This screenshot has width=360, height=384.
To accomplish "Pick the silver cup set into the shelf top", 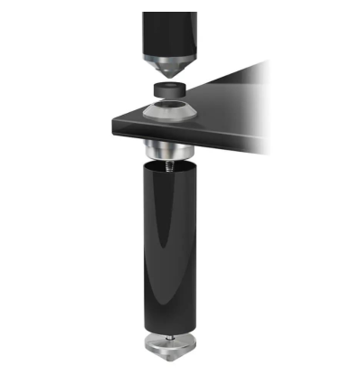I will pyautogui.click(x=169, y=111).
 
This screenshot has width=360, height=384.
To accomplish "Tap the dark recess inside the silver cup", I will pyautogui.click(x=169, y=107).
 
